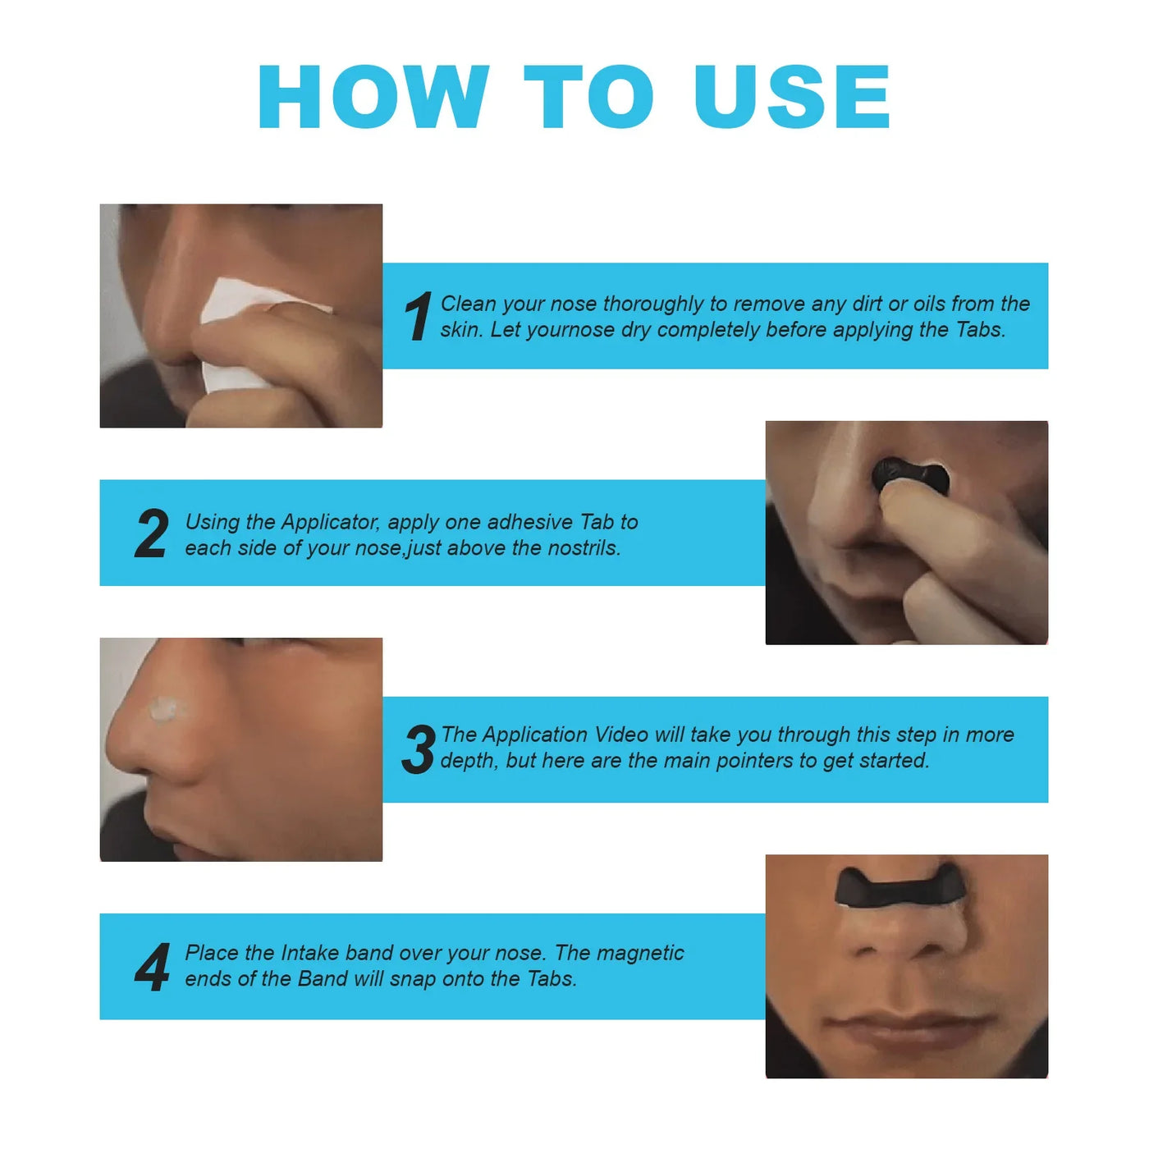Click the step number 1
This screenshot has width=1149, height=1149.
[418, 317]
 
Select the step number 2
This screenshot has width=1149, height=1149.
[152, 534]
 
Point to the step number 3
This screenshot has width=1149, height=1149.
[419, 749]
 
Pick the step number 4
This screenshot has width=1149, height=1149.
[153, 968]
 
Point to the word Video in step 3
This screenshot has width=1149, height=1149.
[621, 735]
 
